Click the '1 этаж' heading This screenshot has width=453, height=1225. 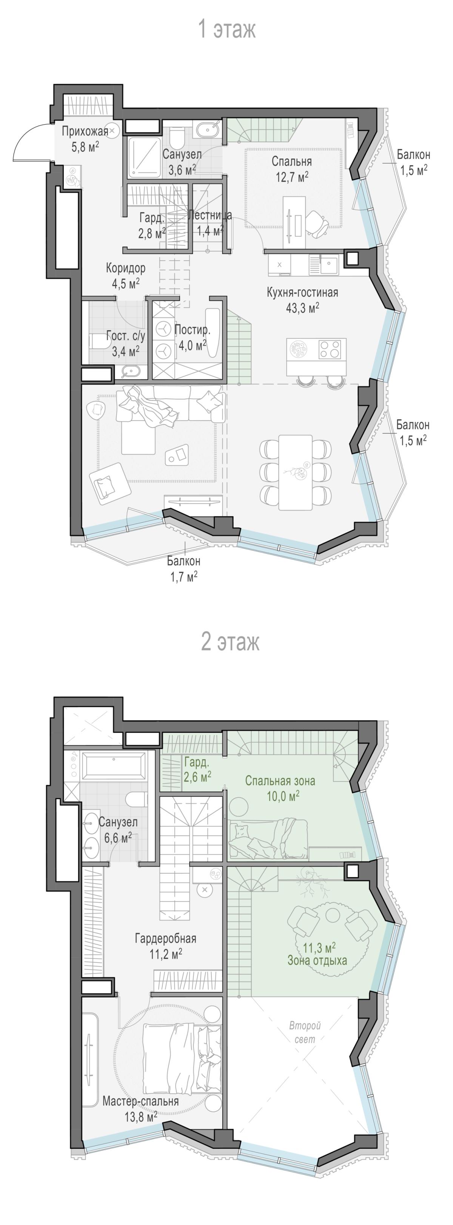[227, 29]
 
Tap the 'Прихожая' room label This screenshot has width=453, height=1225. [85, 131]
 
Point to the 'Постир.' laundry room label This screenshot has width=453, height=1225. [192, 329]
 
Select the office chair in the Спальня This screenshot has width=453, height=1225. [315, 222]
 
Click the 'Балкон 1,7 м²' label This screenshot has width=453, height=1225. [183, 569]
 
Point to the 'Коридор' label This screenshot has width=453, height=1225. [125, 268]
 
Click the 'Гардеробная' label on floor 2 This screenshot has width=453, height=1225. [165, 938]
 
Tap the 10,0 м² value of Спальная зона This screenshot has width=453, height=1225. [283, 796]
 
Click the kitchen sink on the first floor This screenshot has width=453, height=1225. [328, 264]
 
